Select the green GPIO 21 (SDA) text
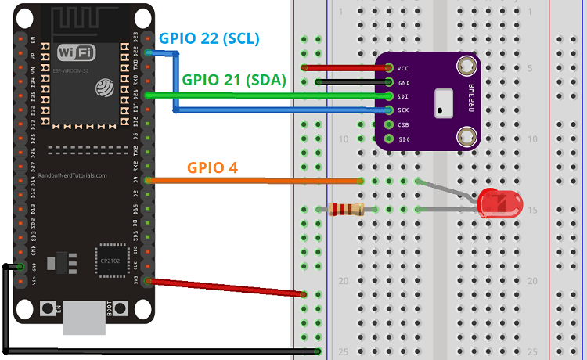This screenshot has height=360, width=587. pos(234,80)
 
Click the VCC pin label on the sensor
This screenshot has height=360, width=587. pos(404,68)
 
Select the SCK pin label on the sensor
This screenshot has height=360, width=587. pos(404,110)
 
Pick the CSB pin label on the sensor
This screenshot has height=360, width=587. pos(404,124)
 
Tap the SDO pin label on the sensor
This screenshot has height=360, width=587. pos(404,139)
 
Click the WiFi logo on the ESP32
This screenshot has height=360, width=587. pos(77,52)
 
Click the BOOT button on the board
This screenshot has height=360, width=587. pos(110,309)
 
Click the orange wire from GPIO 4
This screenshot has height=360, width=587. pos(250,181)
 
